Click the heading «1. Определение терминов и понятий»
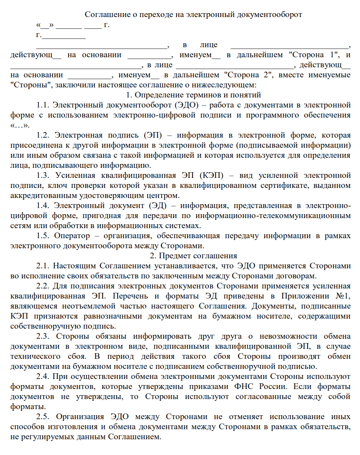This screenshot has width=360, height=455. click(x=193, y=95)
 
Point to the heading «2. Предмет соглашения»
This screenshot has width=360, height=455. click(x=193, y=256)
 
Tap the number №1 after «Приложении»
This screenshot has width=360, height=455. click(x=343, y=296)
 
